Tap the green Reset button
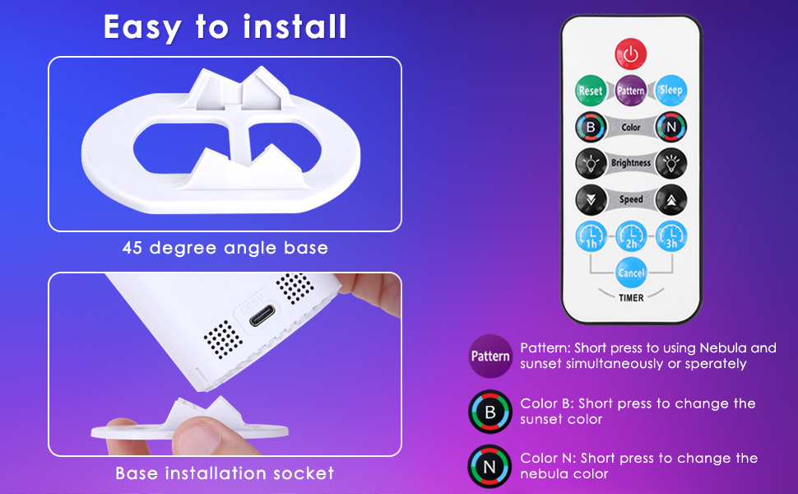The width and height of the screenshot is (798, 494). [x=591, y=91]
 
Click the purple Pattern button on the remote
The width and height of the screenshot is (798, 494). [x=631, y=91]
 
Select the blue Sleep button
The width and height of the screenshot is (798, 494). [x=670, y=91]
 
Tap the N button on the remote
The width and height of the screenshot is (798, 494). [x=670, y=128]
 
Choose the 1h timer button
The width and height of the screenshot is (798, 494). [x=591, y=237]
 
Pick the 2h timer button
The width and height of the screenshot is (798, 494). [x=631, y=237]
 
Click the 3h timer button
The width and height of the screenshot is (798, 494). [x=670, y=237]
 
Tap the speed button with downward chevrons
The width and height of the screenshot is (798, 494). [x=591, y=199]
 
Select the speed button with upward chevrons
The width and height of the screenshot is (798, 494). [x=670, y=199]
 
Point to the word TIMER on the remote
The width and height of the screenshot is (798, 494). [x=631, y=298]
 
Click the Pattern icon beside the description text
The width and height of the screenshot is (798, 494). [x=490, y=357]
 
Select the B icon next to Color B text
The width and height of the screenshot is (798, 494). [x=490, y=412]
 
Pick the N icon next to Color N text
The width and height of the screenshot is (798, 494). [x=490, y=467]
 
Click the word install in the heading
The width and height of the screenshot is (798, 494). [x=295, y=27]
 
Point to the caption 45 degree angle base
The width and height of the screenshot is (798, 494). [x=225, y=248]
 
